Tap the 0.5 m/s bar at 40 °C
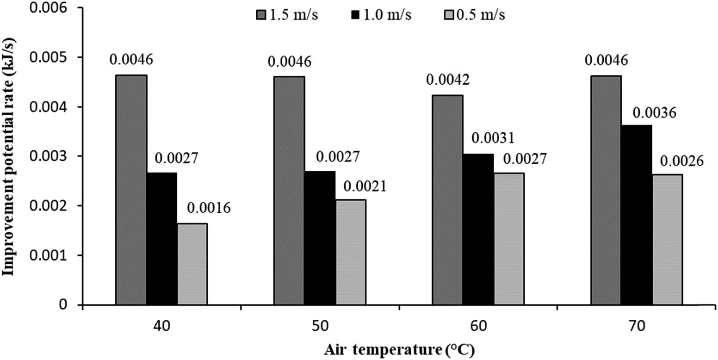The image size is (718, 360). coord(192,264)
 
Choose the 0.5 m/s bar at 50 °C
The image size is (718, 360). coord(351,252)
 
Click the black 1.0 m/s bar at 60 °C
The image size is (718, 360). coord(478,229)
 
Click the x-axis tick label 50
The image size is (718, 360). coord(320,327)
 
